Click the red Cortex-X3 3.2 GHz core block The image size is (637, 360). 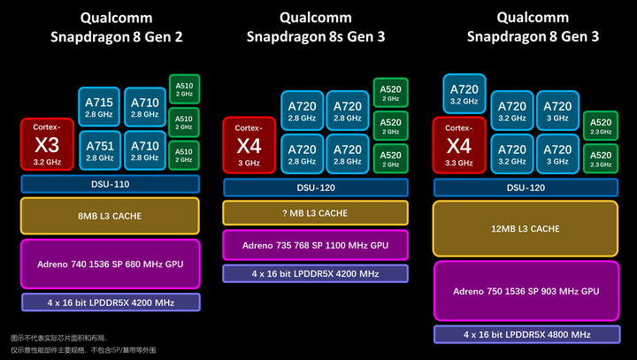click(x=48, y=144)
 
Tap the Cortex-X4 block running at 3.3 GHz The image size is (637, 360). click(x=458, y=145)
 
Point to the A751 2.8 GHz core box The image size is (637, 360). click(x=99, y=151)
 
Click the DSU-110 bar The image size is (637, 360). click(x=111, y=184)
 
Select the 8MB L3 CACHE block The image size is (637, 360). click(x=111, y=216)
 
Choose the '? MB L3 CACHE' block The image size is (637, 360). click(x=315, y=212)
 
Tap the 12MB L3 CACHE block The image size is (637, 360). click(x=526, y=228)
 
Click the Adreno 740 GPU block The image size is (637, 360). click(x=111, y=264)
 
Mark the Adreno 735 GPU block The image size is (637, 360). click(x=315, y=244)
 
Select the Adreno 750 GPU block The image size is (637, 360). click(x=526, y=290)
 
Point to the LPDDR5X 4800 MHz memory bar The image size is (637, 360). click(x=526, y=334)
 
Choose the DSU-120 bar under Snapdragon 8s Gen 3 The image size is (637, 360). click(x=315, y=188)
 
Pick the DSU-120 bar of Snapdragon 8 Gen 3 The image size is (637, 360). click(x=526, y=188)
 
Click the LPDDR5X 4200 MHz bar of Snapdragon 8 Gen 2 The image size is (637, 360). click(x=111, y=303)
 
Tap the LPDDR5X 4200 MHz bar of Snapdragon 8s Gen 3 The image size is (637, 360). click(x=315, y=273)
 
